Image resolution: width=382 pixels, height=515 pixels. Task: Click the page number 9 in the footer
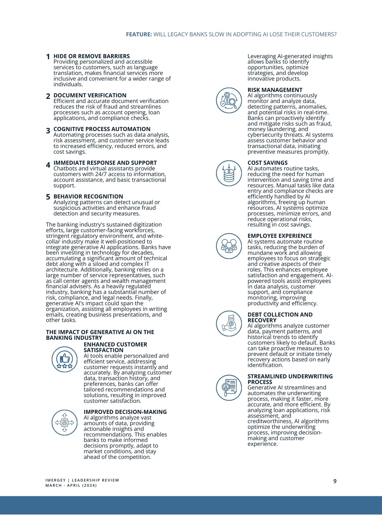[335, 481]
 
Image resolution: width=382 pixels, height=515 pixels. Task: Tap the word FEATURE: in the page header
[139, 34]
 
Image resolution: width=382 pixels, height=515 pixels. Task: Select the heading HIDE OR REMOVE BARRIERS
[91, 56]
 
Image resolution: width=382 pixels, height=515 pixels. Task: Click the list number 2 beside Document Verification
[48, 96]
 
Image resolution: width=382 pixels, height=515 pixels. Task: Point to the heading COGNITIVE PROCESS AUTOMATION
[102, 129]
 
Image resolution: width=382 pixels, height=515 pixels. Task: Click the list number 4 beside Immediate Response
[48, 165]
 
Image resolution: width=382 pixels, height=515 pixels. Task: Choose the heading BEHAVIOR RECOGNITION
[88, 196]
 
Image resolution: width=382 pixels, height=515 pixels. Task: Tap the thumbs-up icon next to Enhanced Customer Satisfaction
[65, 359]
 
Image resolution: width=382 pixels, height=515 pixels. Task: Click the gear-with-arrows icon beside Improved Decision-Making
[65, 422]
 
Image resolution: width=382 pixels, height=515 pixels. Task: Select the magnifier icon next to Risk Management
[229, 100]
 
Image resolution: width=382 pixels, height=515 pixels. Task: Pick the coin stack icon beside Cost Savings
[229, 173]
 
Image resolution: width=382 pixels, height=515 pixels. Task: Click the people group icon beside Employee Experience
[229, 246]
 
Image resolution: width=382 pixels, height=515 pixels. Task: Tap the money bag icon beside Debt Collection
[229, 323]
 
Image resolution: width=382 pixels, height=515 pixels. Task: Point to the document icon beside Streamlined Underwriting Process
[229, 387]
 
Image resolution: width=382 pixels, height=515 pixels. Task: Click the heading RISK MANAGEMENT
[275, 90]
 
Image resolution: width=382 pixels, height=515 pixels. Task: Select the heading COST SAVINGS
[267, 163]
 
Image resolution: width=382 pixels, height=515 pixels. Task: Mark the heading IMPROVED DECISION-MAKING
[125, 412]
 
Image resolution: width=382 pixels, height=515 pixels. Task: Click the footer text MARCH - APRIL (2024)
[71, 485]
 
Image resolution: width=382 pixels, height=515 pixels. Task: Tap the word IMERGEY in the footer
[55, 480]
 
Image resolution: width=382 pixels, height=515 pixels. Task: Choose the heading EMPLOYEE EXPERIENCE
[280, 236]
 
